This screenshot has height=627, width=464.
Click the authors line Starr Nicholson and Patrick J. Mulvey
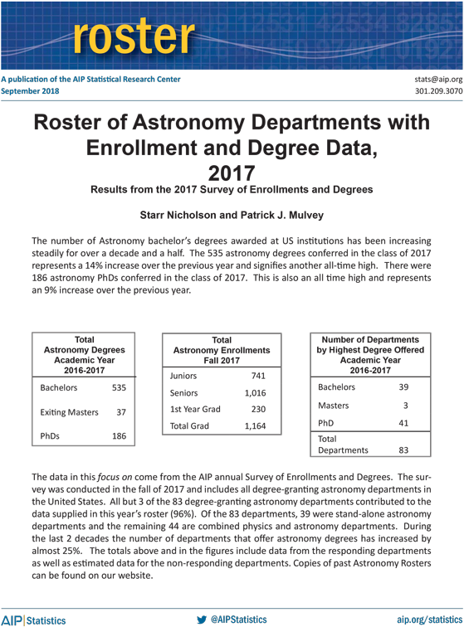[x=232, y=216]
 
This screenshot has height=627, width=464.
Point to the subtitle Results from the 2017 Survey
[x=232, y=190]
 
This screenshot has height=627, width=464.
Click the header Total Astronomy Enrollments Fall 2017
[x=222, y=351]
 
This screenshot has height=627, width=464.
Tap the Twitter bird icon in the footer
[x=201, y=620]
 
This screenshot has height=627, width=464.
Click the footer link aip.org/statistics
[x=428, y=620]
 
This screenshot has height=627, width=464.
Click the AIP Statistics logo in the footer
[x=33, y=620]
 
